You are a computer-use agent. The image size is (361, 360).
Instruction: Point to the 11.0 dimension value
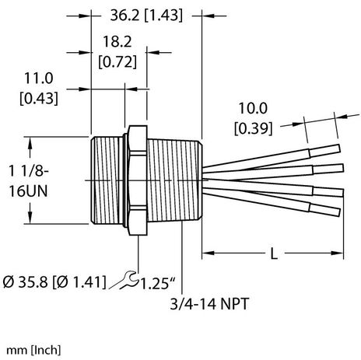click(40, 81)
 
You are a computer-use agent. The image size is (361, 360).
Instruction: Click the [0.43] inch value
click(40, 98)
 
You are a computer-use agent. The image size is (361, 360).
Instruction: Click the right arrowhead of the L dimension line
click(341, 254)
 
